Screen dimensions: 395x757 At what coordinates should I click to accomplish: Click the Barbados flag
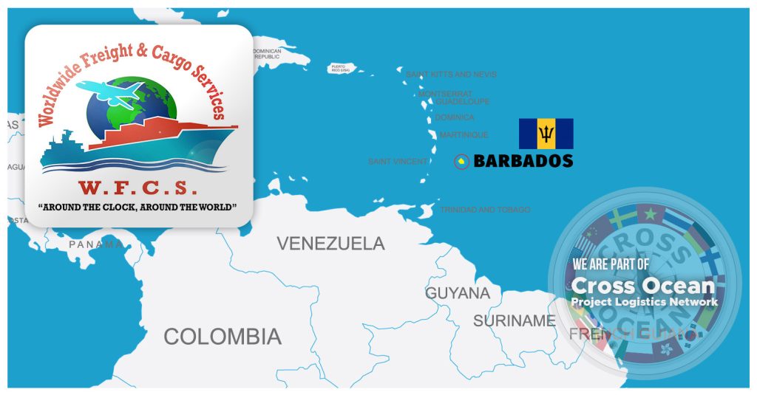tap(546, 134)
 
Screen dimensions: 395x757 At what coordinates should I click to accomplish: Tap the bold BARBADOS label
tap(523, 160)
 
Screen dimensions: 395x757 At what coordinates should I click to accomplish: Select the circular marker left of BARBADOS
tap(461, 161)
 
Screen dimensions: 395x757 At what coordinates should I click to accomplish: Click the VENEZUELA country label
tap(330, 244)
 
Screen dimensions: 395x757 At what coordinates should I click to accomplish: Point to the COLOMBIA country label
tap(223, 337)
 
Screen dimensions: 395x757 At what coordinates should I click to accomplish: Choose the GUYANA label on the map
tap(457, 293)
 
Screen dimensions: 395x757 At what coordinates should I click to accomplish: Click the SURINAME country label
tap(514, 321)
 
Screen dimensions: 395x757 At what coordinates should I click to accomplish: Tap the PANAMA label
tap(96, 244)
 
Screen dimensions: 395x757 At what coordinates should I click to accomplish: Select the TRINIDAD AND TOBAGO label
tap(485, 210)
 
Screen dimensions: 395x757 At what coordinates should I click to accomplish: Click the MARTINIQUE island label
tap(464, 135)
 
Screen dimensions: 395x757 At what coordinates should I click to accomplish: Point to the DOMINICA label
tap(454, 117)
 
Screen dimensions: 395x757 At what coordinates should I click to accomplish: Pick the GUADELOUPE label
tap(462, 102)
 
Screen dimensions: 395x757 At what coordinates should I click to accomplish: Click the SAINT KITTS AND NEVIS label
tap(451, 75)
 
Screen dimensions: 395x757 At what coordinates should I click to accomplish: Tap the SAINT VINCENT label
tap(398, 161)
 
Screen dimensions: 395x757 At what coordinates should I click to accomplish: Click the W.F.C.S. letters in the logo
tap(138, 188)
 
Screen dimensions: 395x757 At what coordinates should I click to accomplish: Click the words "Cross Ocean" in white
tap(643, 285)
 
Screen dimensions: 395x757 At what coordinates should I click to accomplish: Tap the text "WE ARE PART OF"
tap(611, 264)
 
